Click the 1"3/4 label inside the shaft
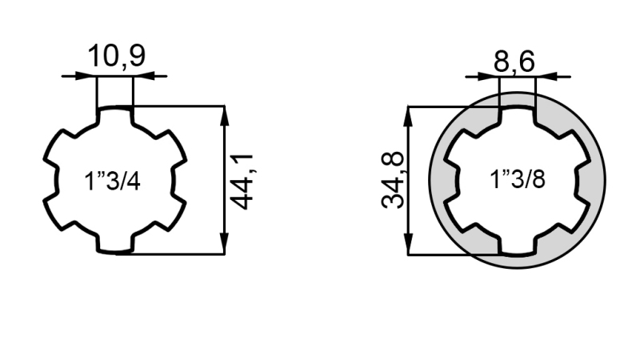tap(113, 181)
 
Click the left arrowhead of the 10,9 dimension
tap(88, 77)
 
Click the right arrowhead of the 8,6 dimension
tap(543, 77)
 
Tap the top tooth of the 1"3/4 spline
tap(114, 117)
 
